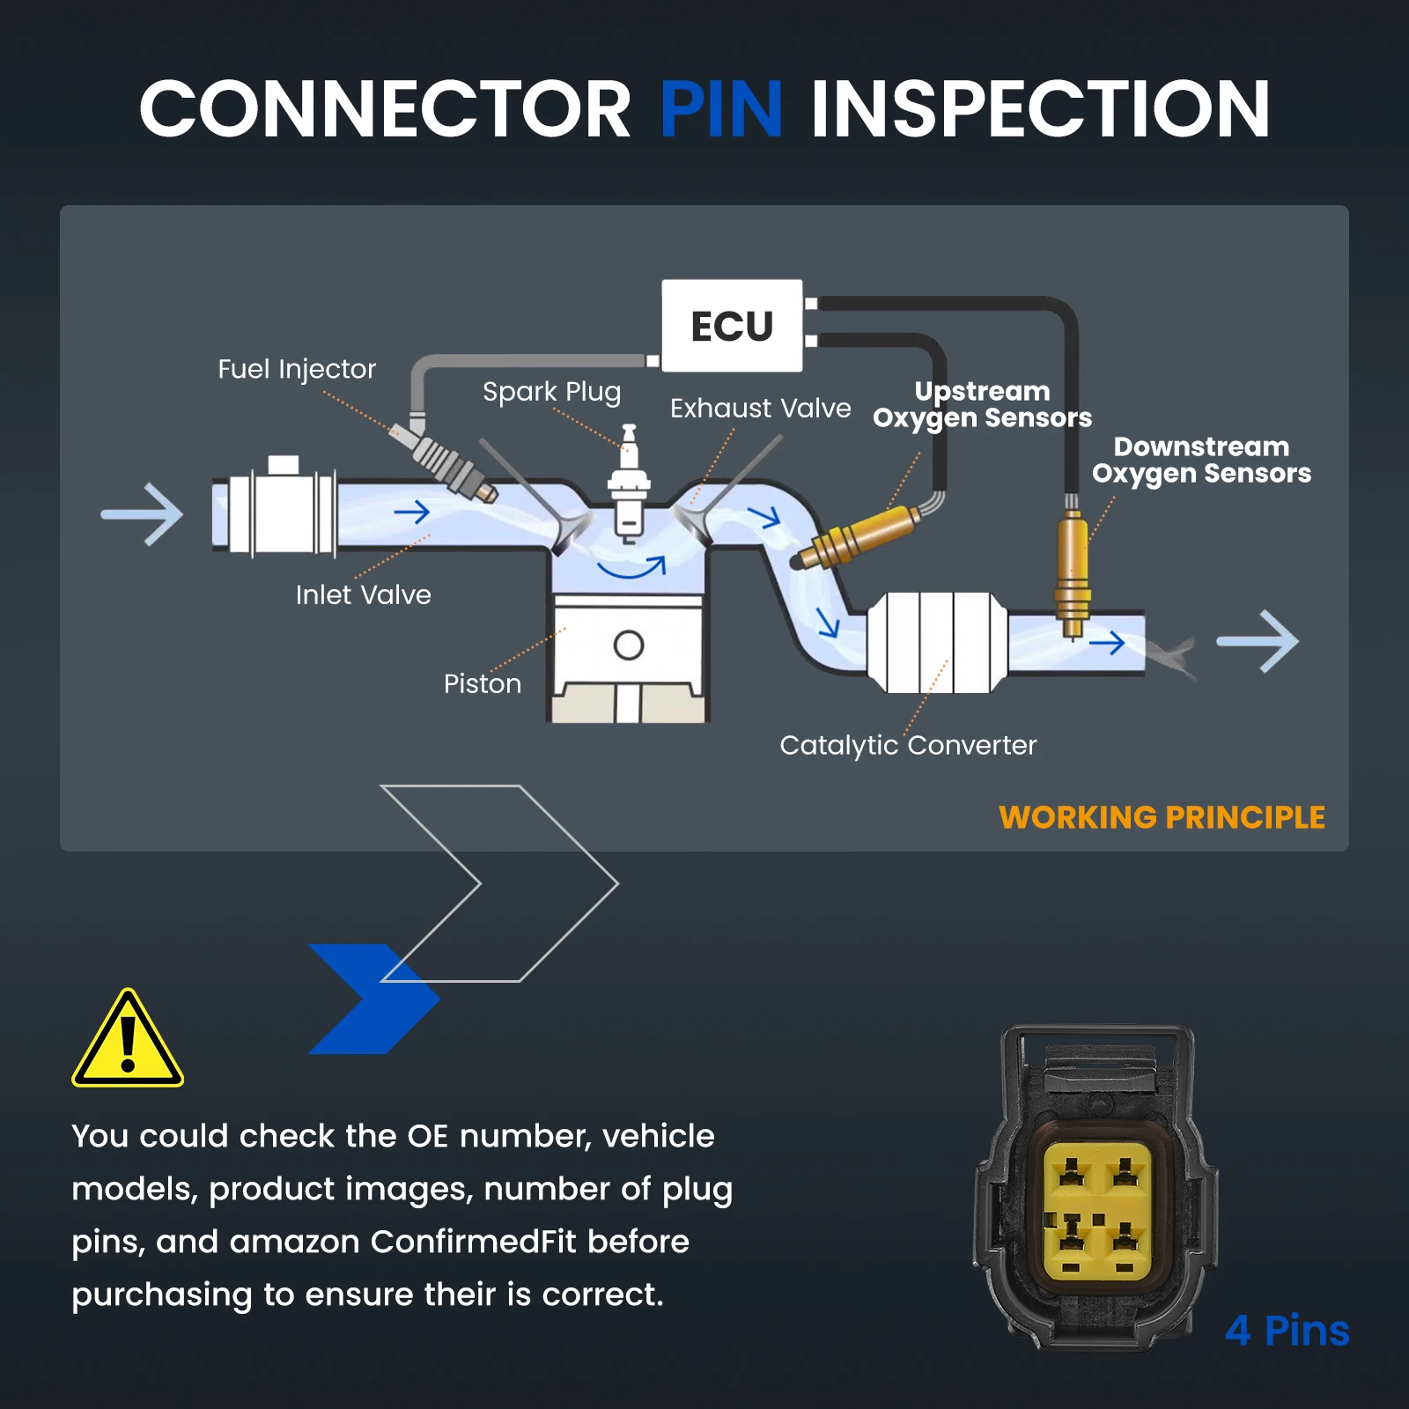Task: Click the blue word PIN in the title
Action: tap(721, 109)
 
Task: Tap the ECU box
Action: tap(732, 326)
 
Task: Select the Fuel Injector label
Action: tap(297, 369)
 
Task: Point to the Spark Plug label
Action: tap(552, 392)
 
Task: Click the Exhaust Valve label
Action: tap(761, 409)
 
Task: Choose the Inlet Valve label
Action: tap(364, 595)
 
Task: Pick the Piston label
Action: tap(483, 684)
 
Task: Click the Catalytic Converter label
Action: tap(908, 746)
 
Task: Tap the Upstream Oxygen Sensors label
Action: tap(983, 404)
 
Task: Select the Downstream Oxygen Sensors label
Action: tap(1202, 460)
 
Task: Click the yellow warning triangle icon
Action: tap(128, 1038)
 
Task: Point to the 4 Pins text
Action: tap(1287, 1331)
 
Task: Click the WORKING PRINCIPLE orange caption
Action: tap(1162, 817)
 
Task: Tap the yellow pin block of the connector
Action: tap(1097, 1211)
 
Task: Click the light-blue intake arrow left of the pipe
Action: tap(143, 514)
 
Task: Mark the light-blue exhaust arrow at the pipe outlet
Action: tap(1258, 641)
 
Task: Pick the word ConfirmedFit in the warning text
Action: tap(473, 1242)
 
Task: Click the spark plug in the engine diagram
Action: tap(629, 483)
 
